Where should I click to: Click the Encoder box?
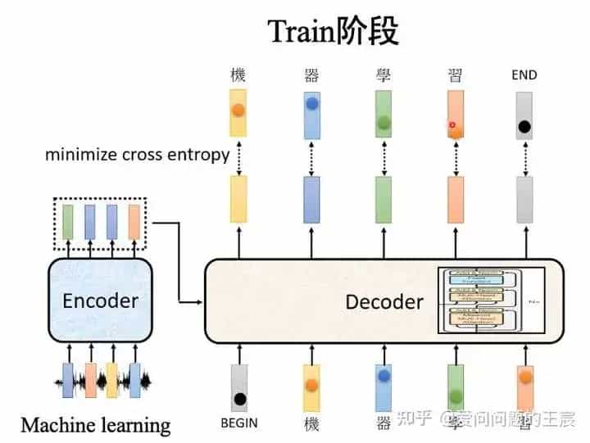point(100,301)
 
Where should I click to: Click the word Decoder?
point(384,301)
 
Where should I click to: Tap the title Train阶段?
point(333,31)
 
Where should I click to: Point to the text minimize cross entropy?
point(137,154)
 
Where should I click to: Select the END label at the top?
point(524,75)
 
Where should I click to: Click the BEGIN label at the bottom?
point(239,423)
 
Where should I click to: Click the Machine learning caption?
point(96,425)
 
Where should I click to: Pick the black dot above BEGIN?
point(239,400)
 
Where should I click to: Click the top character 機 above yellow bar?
point(238,75)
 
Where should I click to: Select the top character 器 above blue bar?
point(311,75)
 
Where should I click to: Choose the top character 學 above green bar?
point(383,75)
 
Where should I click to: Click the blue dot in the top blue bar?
point(311,105)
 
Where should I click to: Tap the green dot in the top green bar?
point(383,125)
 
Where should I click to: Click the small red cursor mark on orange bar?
point(452,125)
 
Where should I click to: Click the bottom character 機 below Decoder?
point(311,423)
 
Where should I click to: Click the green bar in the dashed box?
point(68,222)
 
